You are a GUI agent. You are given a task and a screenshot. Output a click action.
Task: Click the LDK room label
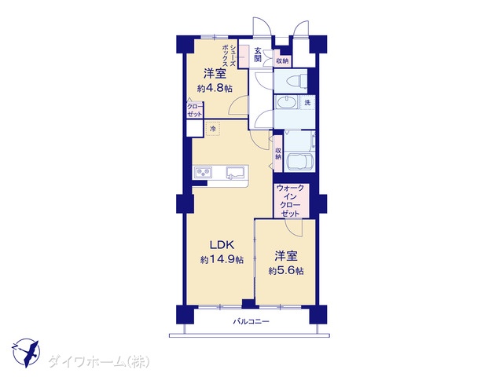click(222, 245)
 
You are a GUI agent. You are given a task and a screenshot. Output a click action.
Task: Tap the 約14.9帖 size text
click(222, 259)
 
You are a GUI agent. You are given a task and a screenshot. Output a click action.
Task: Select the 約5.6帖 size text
click(286, 271)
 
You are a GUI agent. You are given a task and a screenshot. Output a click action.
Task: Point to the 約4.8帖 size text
click(215, 89)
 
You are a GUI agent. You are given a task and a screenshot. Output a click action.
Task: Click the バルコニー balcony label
click(251, 321)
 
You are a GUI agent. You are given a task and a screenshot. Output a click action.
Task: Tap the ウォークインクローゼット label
click(290, 201)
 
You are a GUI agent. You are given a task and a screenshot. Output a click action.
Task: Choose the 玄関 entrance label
click(258, 55)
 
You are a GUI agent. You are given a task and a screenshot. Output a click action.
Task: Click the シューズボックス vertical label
click(229, 56)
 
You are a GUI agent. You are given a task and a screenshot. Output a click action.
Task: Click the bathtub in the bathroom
click(300, 163)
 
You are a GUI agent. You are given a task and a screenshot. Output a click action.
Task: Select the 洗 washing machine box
click(307, 103)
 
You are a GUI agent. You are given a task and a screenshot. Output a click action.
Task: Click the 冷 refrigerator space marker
click(212, 129)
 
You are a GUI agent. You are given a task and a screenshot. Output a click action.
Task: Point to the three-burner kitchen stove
click(203, 173)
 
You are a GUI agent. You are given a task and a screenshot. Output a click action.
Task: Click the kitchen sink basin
click(235, 173)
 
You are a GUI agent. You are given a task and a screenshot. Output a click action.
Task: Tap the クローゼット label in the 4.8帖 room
click(195, 110)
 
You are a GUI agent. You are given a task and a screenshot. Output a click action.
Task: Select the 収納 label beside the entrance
click(283, 60)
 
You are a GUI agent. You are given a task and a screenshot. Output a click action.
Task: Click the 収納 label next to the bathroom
click(277, 154)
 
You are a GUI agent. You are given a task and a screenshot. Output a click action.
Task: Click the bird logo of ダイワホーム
click(26, 353)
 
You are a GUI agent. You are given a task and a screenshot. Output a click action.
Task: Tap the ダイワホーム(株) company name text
click(99, 362)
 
